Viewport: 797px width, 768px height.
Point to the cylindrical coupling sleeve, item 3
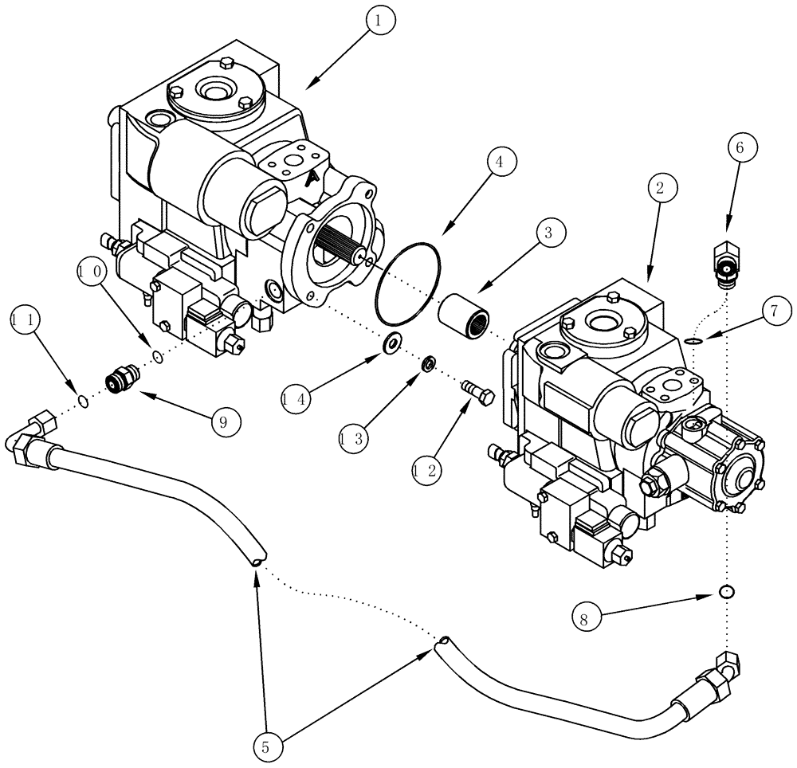coord(465,312)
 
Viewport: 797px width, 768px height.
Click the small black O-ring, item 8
coord(725,592)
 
